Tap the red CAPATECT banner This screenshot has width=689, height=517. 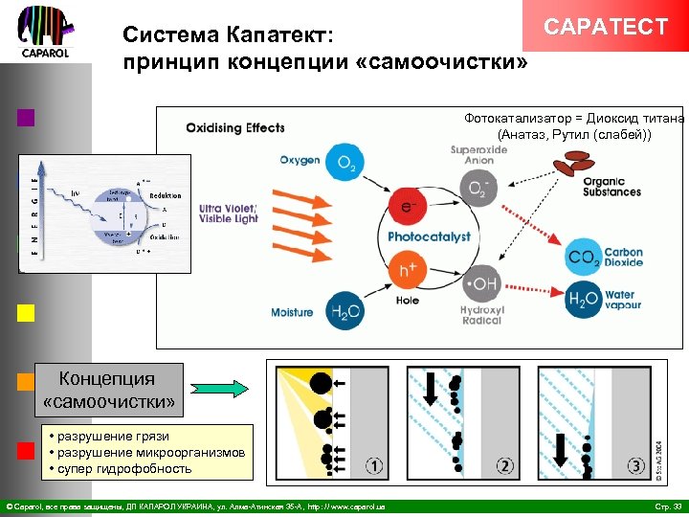[605, 26]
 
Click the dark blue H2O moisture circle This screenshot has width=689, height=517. [343, 311]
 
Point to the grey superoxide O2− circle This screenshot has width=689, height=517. [477, 189]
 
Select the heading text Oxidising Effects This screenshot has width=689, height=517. [235, 128]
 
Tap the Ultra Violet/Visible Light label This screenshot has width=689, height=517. [229, 213]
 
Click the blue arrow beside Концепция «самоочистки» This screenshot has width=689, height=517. [219, 389]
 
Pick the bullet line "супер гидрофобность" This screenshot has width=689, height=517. [124, 468]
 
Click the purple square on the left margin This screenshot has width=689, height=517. [26, 118]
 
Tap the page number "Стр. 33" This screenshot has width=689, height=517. [666, 505]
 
